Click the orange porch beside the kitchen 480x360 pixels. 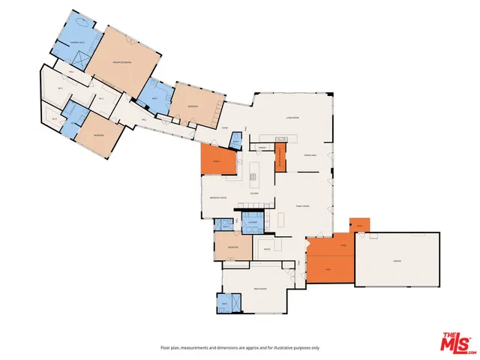218,160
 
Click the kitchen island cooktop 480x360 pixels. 253,177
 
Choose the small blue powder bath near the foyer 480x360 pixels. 235,142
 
